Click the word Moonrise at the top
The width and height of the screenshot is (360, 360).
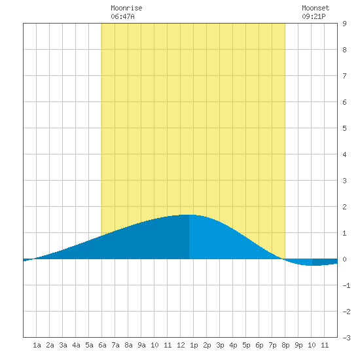[x=126, y=9]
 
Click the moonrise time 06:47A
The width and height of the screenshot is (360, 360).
[x=122, y=16]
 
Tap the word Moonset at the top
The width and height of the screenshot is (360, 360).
[x=315, y=9]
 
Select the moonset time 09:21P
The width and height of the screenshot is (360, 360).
[x=314, y=16]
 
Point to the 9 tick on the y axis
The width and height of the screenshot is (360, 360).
[x=344, y=24]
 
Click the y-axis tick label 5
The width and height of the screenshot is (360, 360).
[x=344, y=128]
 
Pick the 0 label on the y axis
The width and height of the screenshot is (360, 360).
[x=344, y=259]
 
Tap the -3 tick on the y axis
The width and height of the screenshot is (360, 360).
[x=346, y=338]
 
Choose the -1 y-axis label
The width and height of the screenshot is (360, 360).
[x=346, y=285]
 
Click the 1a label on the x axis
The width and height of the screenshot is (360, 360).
[x=37, y=345]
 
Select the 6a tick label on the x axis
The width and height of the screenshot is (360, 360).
[x=102, y=345]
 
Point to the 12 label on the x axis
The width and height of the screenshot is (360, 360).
[x=181, y=345]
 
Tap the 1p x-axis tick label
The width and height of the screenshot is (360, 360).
[x=194, y=345]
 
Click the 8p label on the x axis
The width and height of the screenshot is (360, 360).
[x=285, y=345]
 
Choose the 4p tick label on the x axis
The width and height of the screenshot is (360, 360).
[x=233, y=345]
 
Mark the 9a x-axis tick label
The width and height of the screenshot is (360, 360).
[x=141, y=345]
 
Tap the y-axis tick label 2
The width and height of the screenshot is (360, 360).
[x=344, y=207]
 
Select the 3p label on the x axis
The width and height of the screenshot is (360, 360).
[x=220, y=345]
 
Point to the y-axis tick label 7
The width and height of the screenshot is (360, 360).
[x=344, y=76]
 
